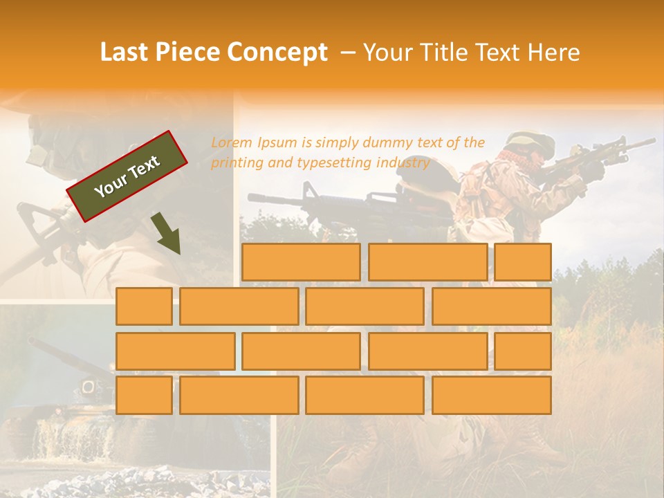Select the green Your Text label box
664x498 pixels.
point(127,176)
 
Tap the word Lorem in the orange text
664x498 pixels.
point(232,143)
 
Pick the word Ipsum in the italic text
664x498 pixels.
point(278,143)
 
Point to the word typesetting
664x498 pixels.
point(335,163)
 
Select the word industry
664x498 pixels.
point(403,163)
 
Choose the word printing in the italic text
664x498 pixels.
point(234,163)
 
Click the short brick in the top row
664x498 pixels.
point(523,262)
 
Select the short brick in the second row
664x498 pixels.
point(144,306)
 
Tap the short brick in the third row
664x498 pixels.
point(523,351)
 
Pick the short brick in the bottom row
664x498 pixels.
point(144,396)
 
